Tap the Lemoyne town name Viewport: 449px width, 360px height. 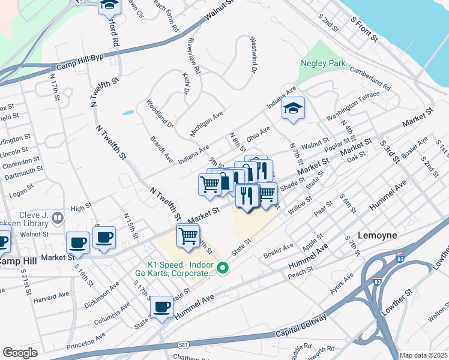pos(377,235)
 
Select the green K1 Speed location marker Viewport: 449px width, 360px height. pos(223,268)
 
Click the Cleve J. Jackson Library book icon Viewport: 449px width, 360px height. pos(58,218)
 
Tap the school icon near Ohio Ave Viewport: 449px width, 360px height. pos(293,109)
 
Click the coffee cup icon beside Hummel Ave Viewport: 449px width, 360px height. pos(161,307)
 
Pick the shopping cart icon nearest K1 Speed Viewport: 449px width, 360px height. pos(188,236)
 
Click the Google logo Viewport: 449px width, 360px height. pos(20,353)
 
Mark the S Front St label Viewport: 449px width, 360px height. pos(366,30)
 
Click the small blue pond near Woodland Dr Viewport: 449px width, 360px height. pos(128,112)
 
